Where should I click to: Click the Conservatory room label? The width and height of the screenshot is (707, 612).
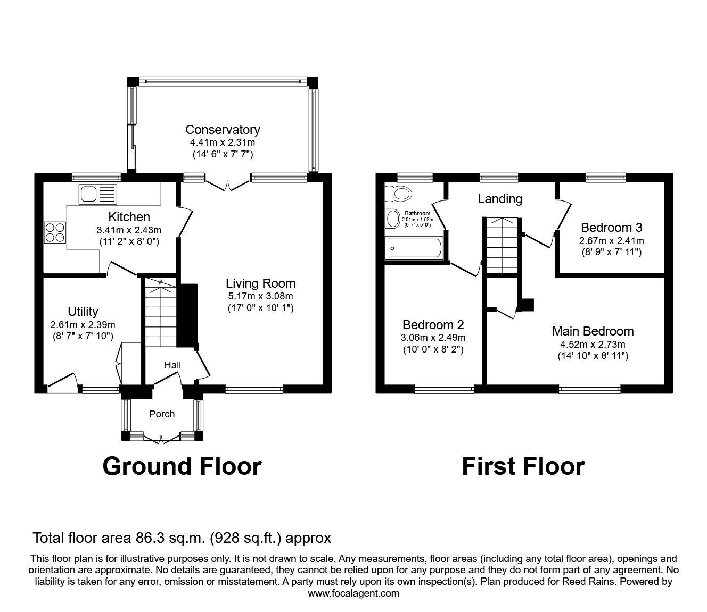click(223, 130)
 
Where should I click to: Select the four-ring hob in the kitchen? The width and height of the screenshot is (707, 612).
click(55, 232)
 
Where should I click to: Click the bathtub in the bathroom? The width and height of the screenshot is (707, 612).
click(414, 248)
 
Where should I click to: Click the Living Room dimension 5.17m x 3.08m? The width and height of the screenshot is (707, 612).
click(260, 296)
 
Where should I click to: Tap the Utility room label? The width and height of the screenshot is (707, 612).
click(83, 312)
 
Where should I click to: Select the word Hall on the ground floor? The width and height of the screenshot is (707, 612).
click(172, 365)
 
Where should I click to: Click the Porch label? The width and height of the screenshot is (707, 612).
click(162, 414)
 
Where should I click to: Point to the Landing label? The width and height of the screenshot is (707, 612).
click(500, 199)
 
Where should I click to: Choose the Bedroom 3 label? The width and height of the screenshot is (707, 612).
click(611, 228)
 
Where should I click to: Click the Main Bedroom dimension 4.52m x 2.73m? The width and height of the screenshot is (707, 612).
click(593, 344)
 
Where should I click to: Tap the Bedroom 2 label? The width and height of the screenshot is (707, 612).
click(433, 325)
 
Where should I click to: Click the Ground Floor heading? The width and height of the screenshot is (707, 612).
click(182, 466)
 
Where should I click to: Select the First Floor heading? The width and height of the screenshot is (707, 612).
click(523, 466)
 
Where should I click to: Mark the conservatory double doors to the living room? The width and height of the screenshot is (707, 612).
click(228, 185)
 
